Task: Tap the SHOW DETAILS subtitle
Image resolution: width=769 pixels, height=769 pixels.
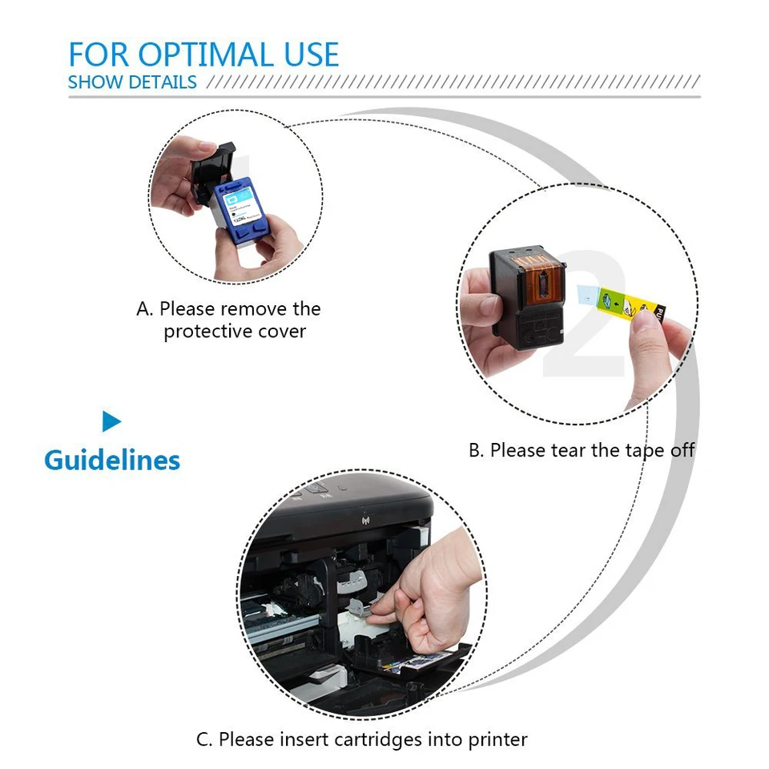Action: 132,82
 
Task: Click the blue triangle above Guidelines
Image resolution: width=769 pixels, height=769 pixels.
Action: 111,421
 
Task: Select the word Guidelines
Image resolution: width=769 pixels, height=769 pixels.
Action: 112,461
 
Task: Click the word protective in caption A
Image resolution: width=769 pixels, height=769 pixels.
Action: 208,331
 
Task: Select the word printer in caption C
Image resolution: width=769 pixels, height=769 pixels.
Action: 497,739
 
